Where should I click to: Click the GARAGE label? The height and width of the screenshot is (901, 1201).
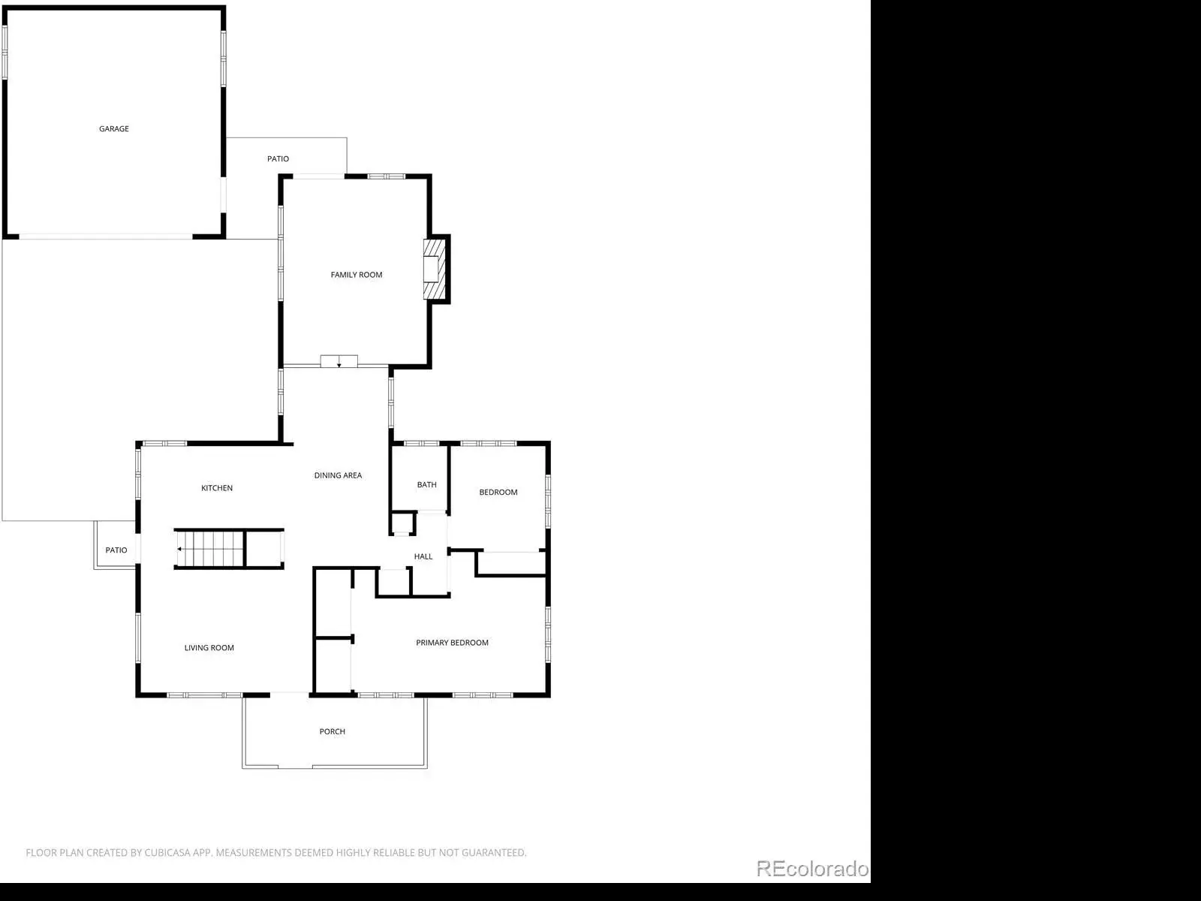tap(114, 128)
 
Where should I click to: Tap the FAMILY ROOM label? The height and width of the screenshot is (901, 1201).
tap(357, 275)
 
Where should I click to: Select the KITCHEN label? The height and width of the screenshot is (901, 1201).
tap(217, 488)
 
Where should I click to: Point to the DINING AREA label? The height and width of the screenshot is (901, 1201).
tap(338, 475)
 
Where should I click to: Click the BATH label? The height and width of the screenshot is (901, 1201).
tap(427, 485)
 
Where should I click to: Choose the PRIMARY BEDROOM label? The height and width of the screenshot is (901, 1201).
tap(452, 643)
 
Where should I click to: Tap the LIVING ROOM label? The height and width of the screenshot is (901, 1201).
tap(209, 648)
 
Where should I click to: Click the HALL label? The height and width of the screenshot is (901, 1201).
tap(423, 556)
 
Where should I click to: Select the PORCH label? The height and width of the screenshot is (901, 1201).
tap(332, 731)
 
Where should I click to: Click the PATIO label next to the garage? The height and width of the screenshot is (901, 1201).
tap(278, 158)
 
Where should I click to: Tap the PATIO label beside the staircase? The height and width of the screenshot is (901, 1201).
tap(116, 550)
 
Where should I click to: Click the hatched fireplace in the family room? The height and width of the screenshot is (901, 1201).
tap(435, 269)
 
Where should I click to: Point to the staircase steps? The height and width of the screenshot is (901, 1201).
tap(209, 549)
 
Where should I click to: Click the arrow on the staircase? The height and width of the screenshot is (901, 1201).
tap(179, 549)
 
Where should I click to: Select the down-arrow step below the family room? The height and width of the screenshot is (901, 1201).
tap(339, 361)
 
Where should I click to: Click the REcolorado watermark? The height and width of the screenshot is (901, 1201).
tap(812, 868)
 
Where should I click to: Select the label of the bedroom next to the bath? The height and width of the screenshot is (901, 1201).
tap(498, 493)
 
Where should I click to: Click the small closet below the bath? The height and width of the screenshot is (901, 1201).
tap(402, 523)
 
